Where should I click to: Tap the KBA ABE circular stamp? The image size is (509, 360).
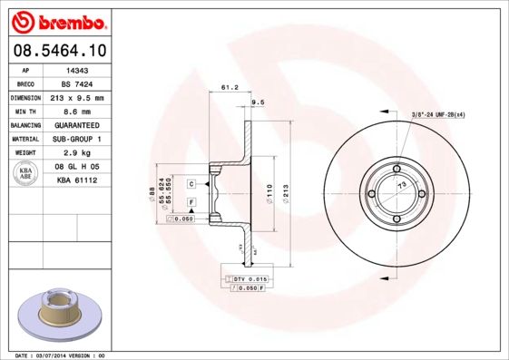(26, 174)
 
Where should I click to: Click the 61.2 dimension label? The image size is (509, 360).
(230, 88)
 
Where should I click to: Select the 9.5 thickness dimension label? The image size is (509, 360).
(257, 103)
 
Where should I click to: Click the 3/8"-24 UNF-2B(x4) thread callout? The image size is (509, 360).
(438, 115)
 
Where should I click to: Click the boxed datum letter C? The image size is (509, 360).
(192, 184)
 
